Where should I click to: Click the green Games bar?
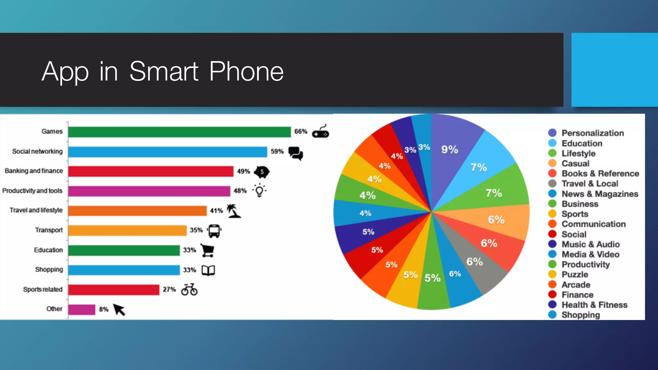179,132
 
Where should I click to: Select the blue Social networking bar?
167,152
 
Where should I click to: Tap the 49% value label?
243,172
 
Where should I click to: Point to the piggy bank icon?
262,172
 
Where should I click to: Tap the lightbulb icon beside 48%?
259,190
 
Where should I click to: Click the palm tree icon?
234,211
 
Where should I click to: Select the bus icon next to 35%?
214,231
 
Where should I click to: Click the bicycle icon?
189,289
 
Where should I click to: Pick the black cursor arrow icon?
119,310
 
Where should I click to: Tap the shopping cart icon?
208,250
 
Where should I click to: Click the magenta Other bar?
82,310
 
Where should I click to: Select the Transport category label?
49,230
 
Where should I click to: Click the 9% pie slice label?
449,149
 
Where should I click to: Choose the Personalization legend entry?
592,133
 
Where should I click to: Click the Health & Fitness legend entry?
594,305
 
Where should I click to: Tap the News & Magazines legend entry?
600,194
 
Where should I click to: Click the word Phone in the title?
246,71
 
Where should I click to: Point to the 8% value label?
103,309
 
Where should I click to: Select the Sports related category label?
43,289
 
